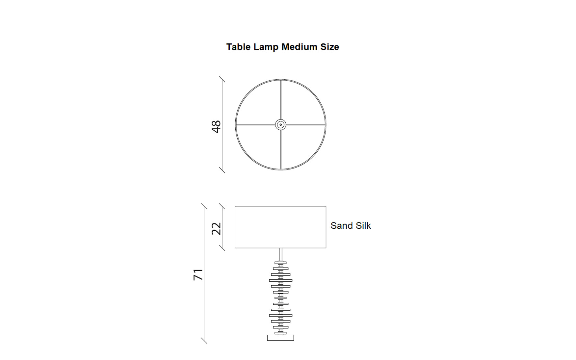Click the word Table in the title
coord(238,47)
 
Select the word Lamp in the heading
coord(266,47)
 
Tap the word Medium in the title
coord(300,47)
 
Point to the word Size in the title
coord(330,47)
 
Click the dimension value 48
coord(216,127)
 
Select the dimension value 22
coord(216,229)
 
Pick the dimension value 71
coord(198,275)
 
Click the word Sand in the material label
coord(341,226)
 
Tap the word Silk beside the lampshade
coord(362,226)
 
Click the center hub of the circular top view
coord(280,125)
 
